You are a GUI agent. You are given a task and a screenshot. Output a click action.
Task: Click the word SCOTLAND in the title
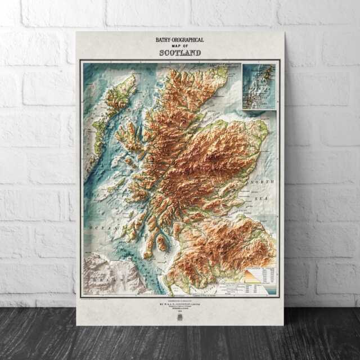(x=179, y=53)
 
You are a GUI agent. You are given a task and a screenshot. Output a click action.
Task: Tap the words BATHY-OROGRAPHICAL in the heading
(x=179, y=40)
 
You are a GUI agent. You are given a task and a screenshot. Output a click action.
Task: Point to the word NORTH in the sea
(x=262, y=182)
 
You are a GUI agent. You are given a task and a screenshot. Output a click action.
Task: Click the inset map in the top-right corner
(x=259, y=86)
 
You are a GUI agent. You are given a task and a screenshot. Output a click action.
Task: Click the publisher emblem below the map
(x=180, y=317)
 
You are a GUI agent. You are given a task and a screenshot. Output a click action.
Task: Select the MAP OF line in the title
(x=179, y=46)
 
